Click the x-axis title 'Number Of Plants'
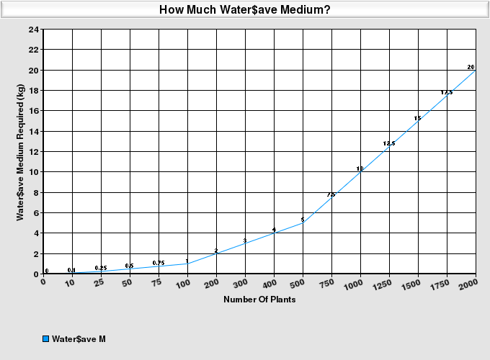[x=259, y=300]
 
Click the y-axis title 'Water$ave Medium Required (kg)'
[x=21, y=152]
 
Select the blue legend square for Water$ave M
[x=46, y=338]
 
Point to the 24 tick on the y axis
[x=35, y=30]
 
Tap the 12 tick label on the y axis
[x=35, y=152]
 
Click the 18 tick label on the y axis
[x=35, y=91]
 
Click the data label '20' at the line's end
[x=471, y=67]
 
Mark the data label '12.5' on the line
[x=389, y=143]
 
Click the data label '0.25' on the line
[x=101, y=268]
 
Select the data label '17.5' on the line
[x=447, y=92]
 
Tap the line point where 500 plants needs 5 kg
[x=303, y=223]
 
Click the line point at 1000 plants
[x=360, y=172]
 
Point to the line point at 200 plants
[x=216, y=253]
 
